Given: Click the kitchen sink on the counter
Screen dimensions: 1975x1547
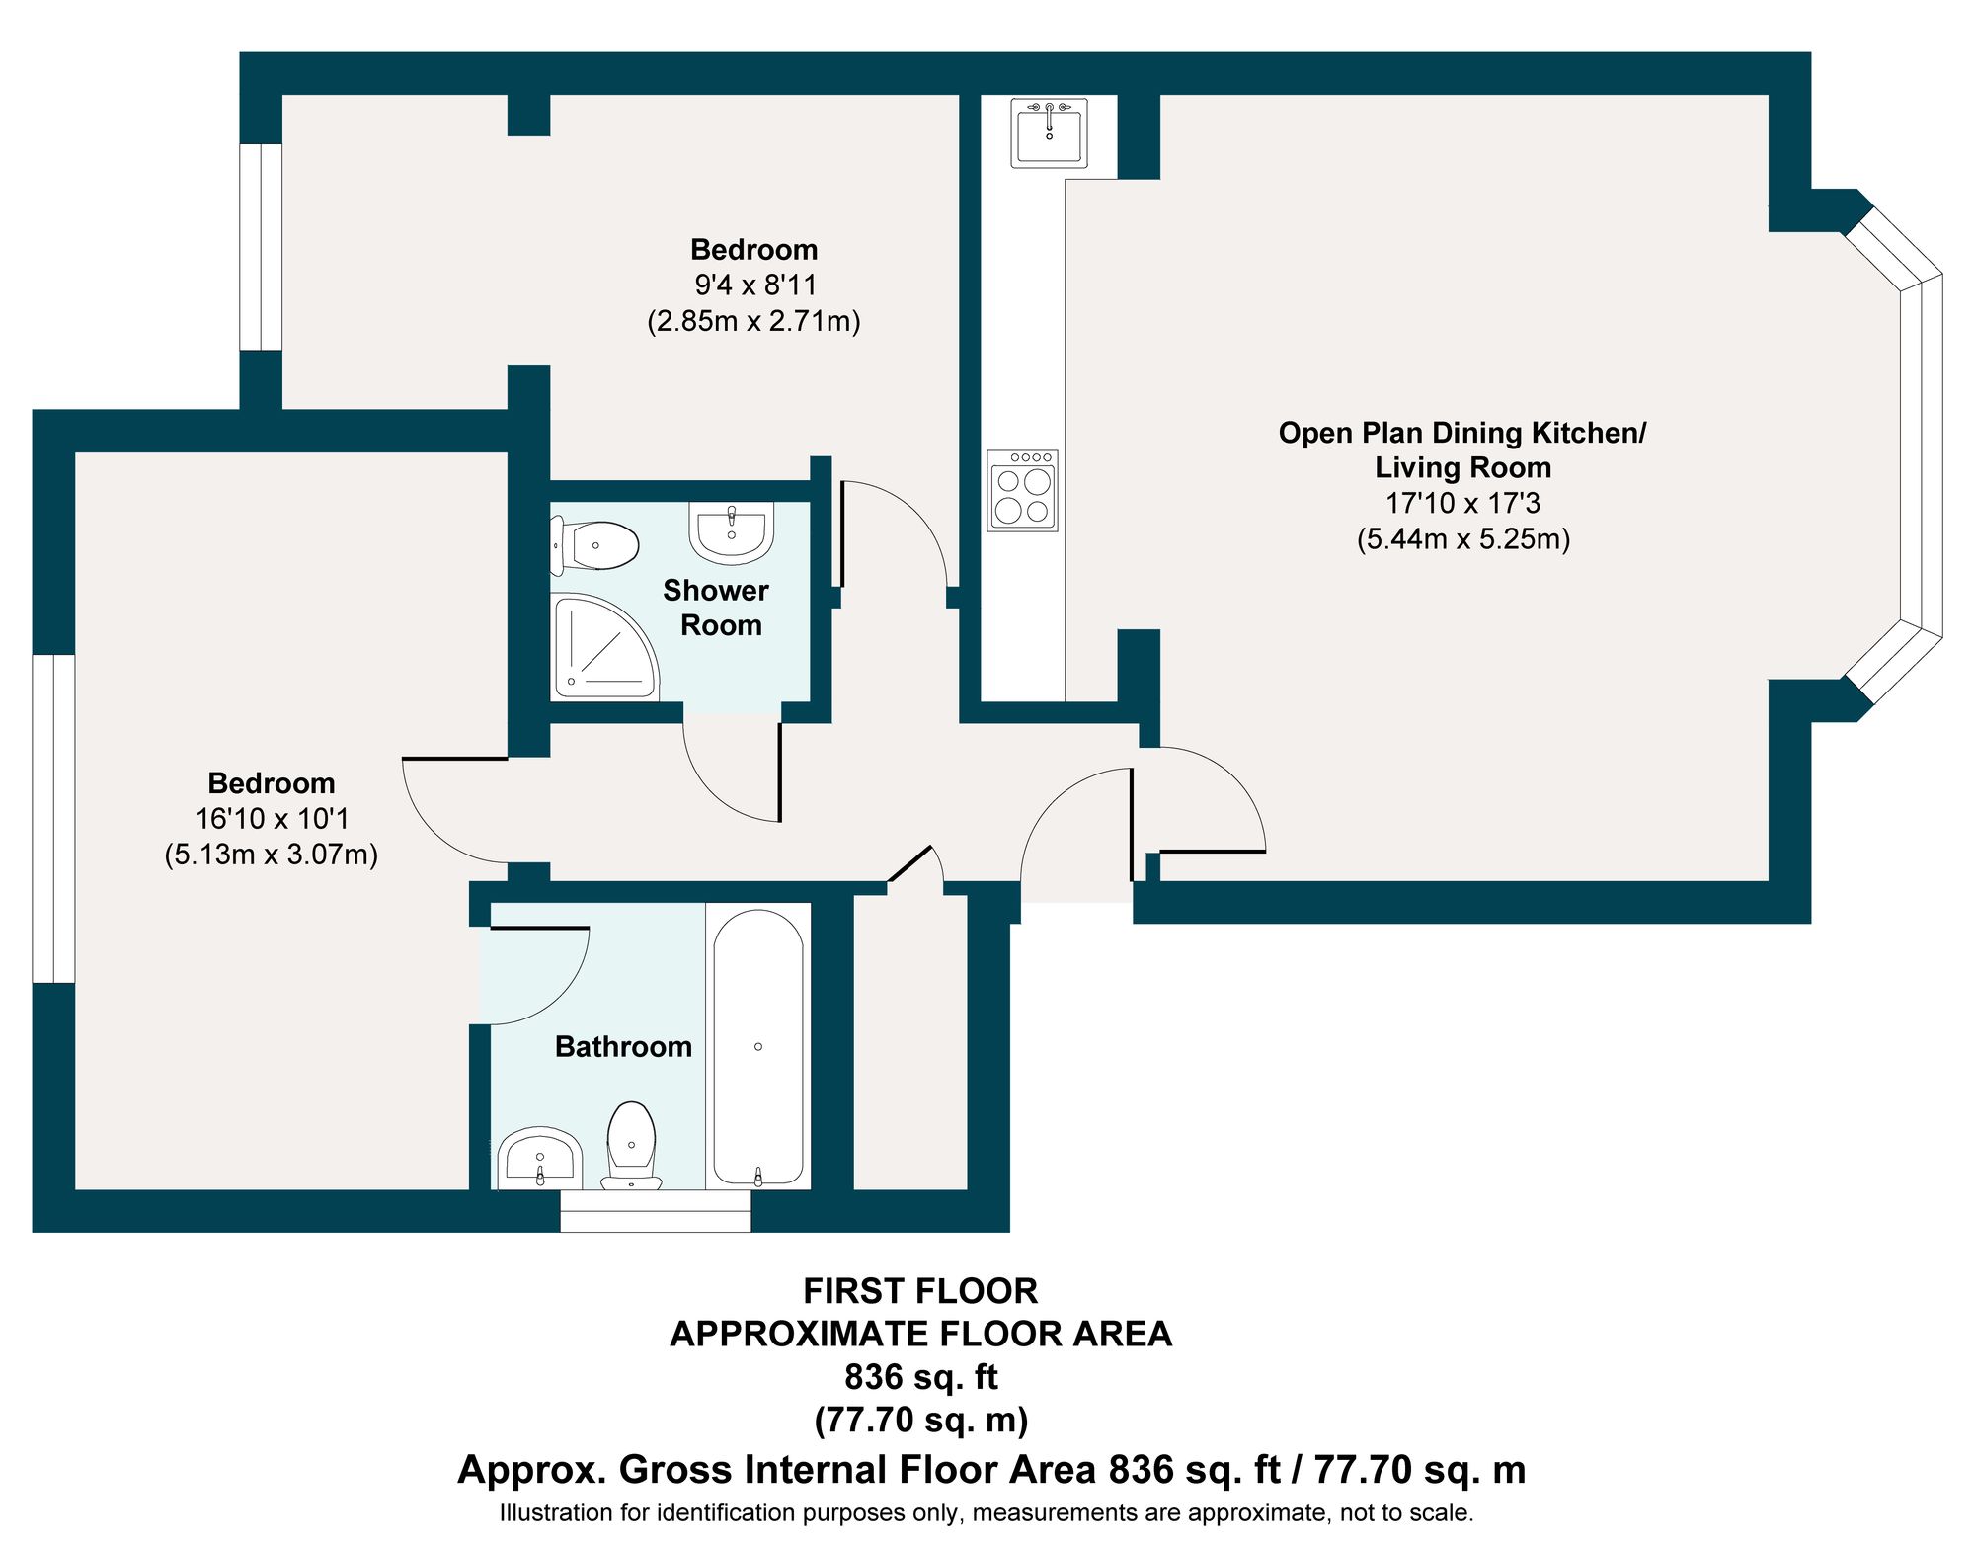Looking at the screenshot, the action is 1049,132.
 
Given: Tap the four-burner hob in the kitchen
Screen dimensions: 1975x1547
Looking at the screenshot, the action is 1023,490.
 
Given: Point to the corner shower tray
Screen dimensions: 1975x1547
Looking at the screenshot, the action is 603,646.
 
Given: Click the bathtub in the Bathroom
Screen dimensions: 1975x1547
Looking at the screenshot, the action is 758,1047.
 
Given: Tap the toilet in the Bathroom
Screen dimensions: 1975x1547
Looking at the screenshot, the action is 631,1146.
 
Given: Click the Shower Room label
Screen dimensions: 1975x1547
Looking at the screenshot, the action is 717,608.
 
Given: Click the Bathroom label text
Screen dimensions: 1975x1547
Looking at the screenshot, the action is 623,1047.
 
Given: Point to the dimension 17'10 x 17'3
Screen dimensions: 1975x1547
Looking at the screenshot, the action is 1462,503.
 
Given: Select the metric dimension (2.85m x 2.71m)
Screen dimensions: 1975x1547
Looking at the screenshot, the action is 754,321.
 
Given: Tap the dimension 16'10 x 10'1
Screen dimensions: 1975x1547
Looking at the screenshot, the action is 272,818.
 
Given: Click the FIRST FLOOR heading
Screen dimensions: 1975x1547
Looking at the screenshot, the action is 920,1291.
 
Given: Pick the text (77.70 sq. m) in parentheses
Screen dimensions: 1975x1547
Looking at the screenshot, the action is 921,1420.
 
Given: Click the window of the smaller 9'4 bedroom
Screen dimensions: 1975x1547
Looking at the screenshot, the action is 262,247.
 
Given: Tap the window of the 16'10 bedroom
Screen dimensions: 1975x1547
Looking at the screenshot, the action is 54,819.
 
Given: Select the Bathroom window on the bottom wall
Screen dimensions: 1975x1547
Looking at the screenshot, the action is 656,1211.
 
